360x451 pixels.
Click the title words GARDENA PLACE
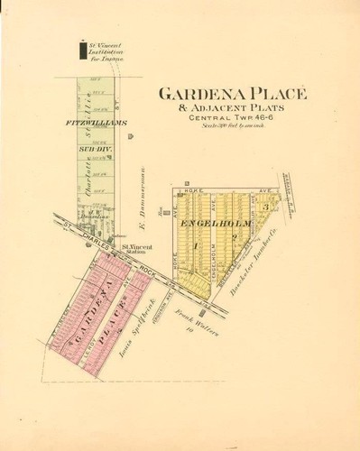point(234,94)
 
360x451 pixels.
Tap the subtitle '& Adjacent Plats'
point(234,107)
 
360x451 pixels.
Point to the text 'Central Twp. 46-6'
point(233,118)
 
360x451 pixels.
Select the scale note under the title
point(232,126)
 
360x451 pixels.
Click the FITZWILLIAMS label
point(97,121)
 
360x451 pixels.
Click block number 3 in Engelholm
point(264,207)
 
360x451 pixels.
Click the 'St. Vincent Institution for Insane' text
point(106,51)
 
